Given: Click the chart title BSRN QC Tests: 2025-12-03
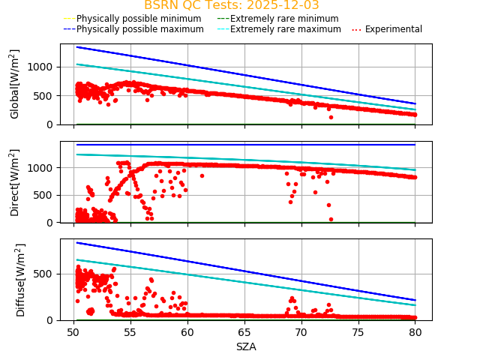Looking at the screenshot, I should click(231, 5).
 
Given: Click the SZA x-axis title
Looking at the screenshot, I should click(246, 346).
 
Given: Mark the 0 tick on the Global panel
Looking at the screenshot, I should click(52, 124).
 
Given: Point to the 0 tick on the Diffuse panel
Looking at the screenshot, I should click(52, 320).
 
